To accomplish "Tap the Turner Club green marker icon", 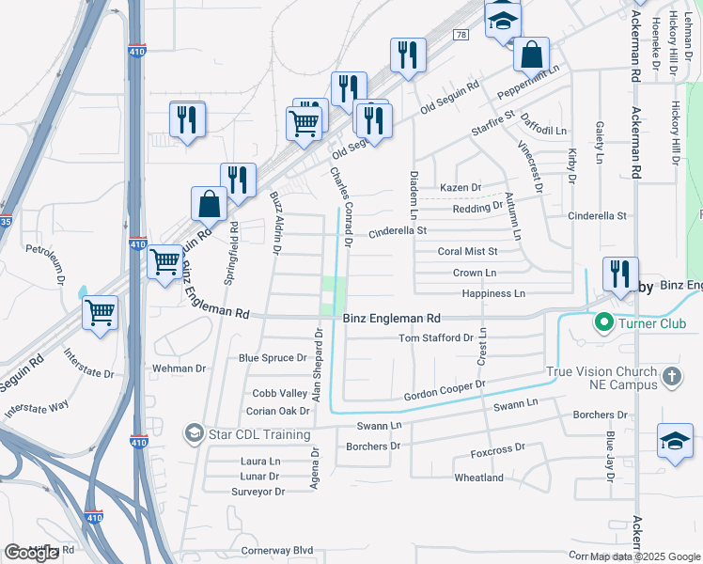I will [602, 324].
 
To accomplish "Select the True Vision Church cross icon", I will [671, 377].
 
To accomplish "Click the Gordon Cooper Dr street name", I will [444, 390].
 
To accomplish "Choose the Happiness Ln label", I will [493, 294].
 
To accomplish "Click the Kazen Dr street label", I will [461, 188].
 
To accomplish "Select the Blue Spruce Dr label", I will [273, 358].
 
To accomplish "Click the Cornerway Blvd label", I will [276, 550].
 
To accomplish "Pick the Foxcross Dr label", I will [495, 454].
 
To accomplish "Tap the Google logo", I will [31, 553].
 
